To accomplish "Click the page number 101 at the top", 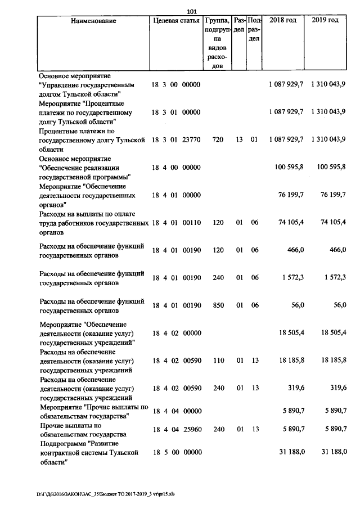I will coord(191,12).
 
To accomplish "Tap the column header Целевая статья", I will coord(176,21).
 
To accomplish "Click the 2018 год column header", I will coord(283,21).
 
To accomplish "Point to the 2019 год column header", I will coord(325,21).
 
